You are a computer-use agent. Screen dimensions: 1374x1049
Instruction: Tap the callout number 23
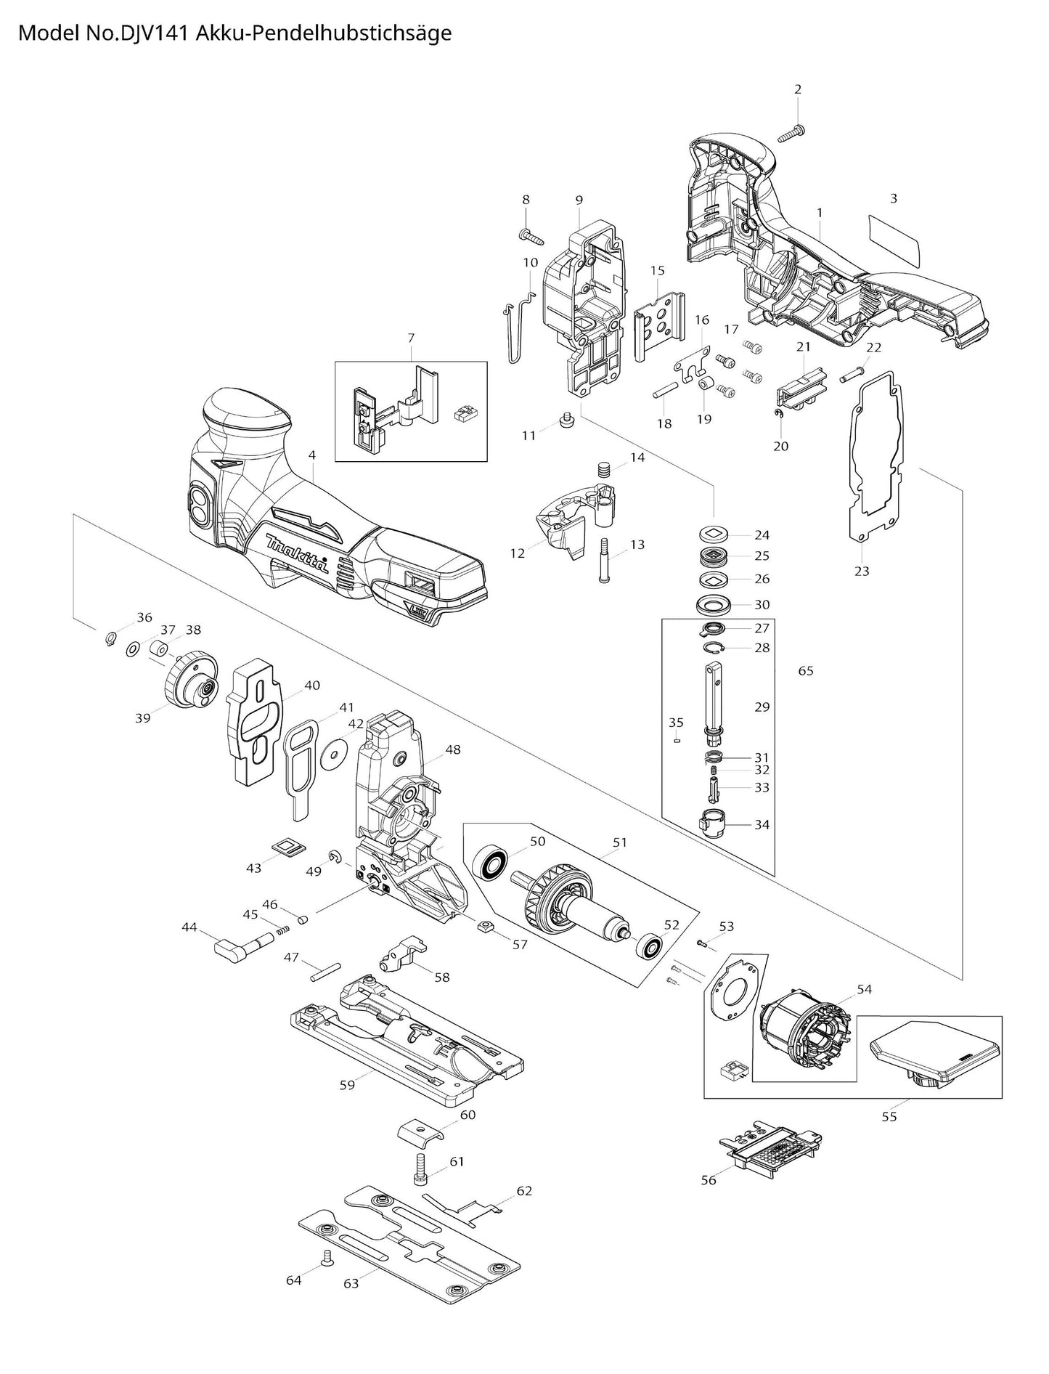861,571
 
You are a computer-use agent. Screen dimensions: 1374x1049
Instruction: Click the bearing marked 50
491,864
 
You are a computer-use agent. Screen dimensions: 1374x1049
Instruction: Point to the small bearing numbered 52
648,947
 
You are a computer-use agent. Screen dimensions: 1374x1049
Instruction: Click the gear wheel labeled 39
187,678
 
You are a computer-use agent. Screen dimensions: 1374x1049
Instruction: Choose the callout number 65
806,670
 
